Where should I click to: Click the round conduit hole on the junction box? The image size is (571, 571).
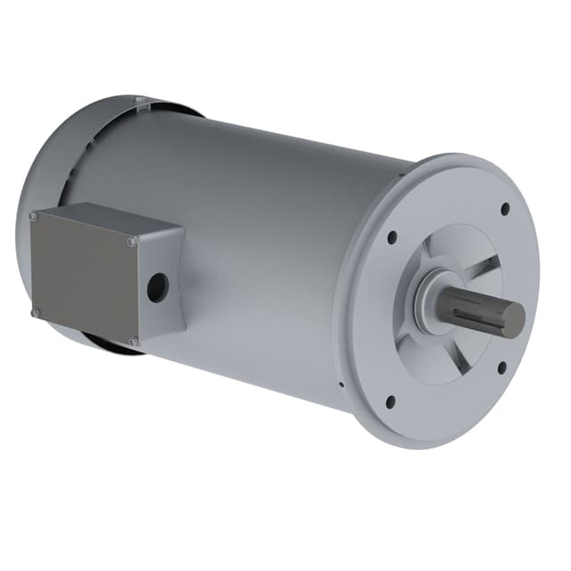click(x=157, y=286)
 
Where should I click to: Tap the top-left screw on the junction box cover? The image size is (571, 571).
click(x=33, y=216)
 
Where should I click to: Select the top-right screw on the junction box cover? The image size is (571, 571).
click(x=132, y=240)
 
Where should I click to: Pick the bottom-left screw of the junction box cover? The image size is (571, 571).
click(x=36, y=312)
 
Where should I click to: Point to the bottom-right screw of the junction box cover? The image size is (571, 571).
click(x=132, y=341)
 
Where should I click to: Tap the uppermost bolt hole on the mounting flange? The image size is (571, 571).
click(x=505, y=209)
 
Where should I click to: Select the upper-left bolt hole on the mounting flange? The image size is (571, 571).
click(x=392, y=237)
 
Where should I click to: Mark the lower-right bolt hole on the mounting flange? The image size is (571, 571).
click(x=501, y=366)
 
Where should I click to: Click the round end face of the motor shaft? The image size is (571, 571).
click(x=513, y=319)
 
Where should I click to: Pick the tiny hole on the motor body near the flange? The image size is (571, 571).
click(x=341, y=385)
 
